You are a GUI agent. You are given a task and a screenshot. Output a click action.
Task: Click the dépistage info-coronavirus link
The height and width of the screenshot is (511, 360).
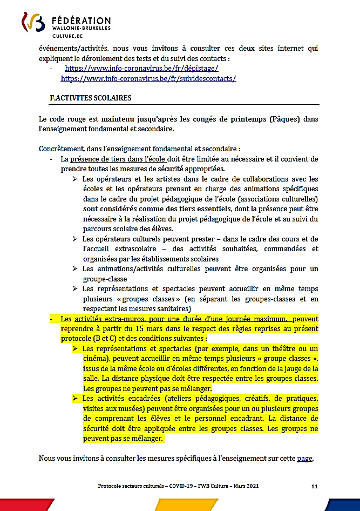click(x=141, y=69)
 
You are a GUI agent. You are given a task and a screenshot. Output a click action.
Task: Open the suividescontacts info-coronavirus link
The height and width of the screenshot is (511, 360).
click(x=148, y=78)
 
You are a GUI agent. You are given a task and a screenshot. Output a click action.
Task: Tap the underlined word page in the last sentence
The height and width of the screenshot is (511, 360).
click(x=304, y=458)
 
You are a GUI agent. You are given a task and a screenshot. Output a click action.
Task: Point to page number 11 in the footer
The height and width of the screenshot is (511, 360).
click(x=314, y=486)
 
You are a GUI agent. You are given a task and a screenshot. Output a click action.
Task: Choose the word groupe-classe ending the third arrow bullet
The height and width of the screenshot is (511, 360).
click(x=105, y=279)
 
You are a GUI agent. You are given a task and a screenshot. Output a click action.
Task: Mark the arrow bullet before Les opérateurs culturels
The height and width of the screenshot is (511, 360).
click(x=76, y=239)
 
